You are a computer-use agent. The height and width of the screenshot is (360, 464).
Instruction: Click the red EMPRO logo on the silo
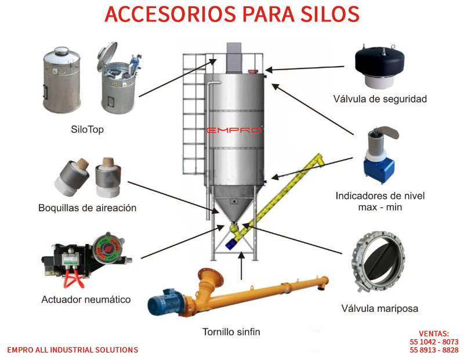coord(234,130)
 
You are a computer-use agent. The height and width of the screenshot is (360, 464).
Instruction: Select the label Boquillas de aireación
coord(88,208)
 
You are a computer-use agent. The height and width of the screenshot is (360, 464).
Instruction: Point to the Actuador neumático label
coord(86,299)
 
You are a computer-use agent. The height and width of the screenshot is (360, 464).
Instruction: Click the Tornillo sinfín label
coord(231,332)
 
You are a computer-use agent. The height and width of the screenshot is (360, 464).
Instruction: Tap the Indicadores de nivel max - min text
coord(380,201)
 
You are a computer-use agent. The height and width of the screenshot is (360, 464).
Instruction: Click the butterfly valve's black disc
coord(380,261)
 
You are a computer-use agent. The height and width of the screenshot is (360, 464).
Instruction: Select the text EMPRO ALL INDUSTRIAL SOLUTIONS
coord(72,350)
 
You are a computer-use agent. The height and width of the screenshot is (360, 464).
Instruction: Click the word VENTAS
coord(434,334)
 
